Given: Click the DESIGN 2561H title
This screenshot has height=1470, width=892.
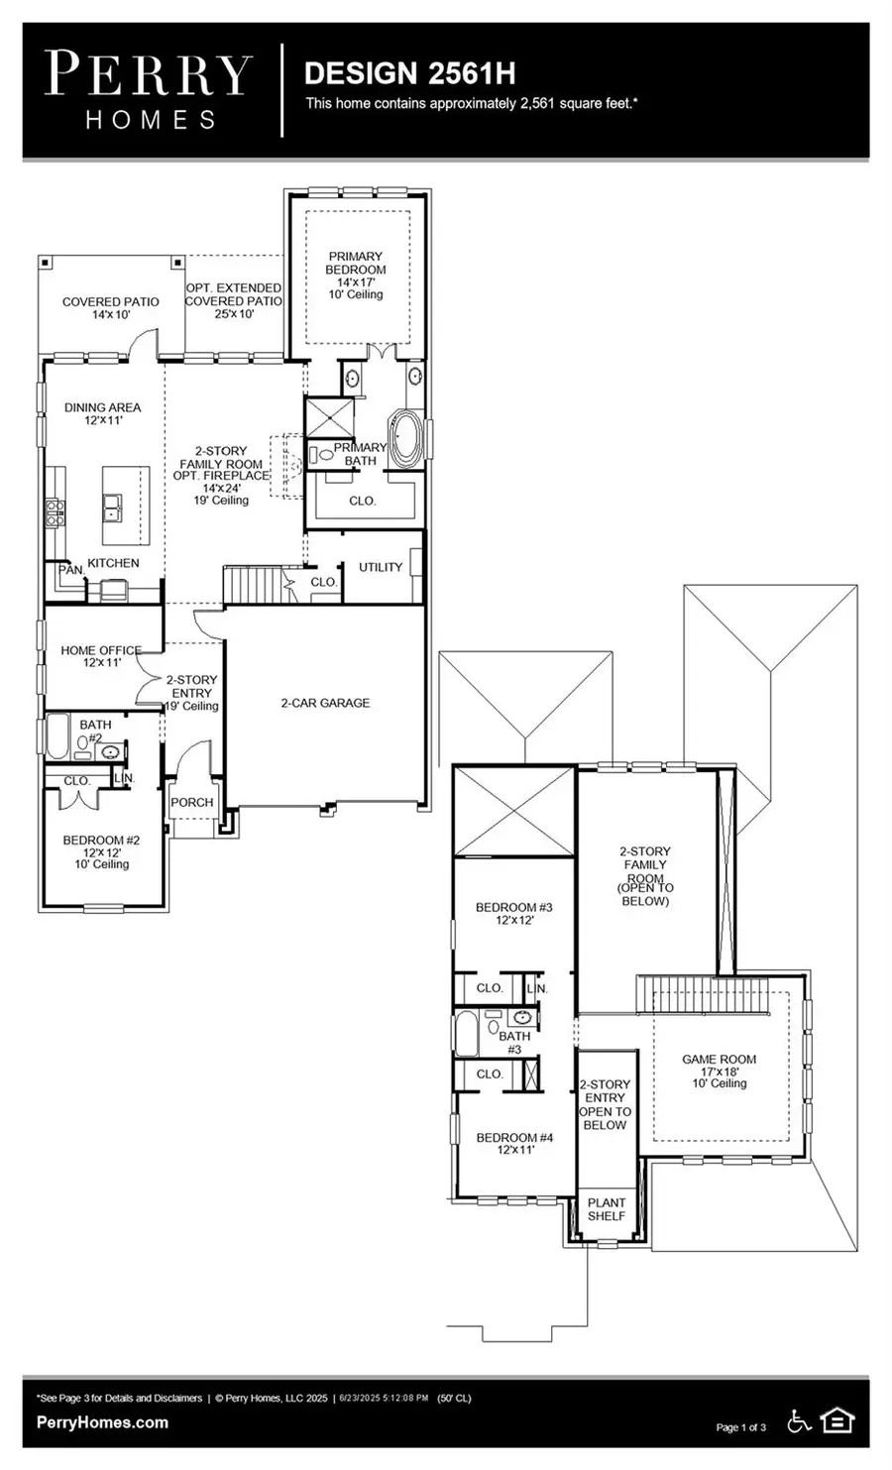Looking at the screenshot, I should tap(409, 73).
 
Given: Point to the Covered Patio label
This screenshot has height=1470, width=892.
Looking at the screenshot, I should tap(111, 307).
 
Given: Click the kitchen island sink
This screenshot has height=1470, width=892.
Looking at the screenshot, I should tap(113, 509).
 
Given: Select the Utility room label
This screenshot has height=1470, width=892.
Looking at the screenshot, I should tap(381, 567).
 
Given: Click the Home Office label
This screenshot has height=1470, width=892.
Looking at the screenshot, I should tap(101, 656).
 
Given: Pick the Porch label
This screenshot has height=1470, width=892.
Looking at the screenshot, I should tap(192, 802).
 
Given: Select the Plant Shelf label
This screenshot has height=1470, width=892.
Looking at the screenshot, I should tap(607, 1209).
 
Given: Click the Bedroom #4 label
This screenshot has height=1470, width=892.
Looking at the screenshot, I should tap(514, 1144).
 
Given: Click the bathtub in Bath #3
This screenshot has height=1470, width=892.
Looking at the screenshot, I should tap(466, 1033).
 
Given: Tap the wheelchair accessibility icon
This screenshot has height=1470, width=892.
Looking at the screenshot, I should tap(798, 1421).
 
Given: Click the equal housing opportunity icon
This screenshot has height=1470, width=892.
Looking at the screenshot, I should tap(837, 1421).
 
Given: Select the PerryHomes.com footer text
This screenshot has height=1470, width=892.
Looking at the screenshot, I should tap(102, 1422).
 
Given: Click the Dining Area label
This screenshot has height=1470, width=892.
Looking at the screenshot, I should tap(102, 413).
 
